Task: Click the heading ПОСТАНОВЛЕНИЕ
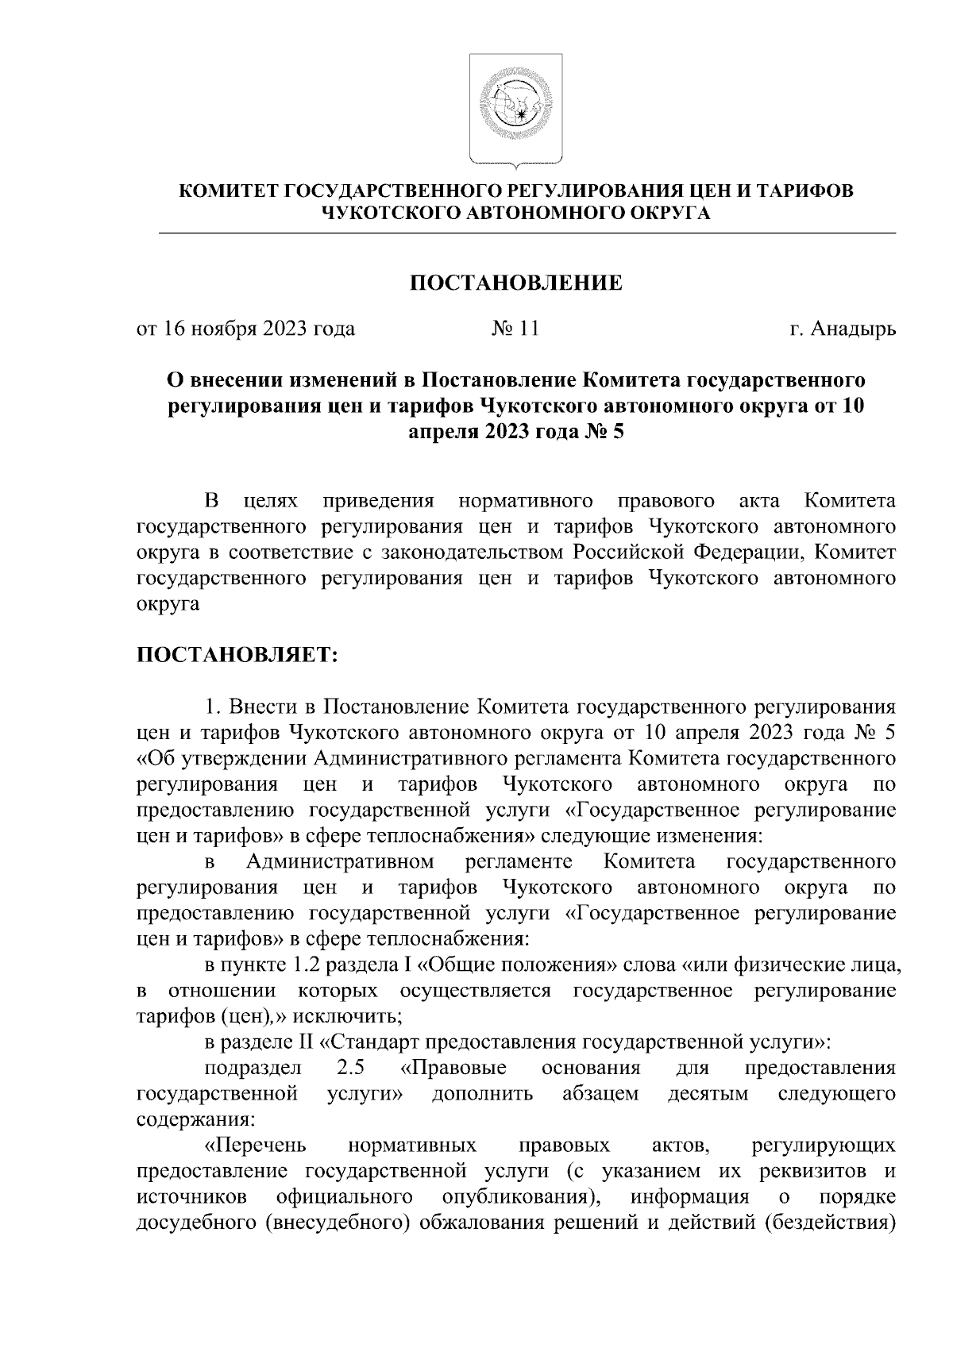coord(515,283)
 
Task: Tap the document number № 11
coord(515,328)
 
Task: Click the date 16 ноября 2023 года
coord(259,329)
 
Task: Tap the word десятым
coord(708,1094)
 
